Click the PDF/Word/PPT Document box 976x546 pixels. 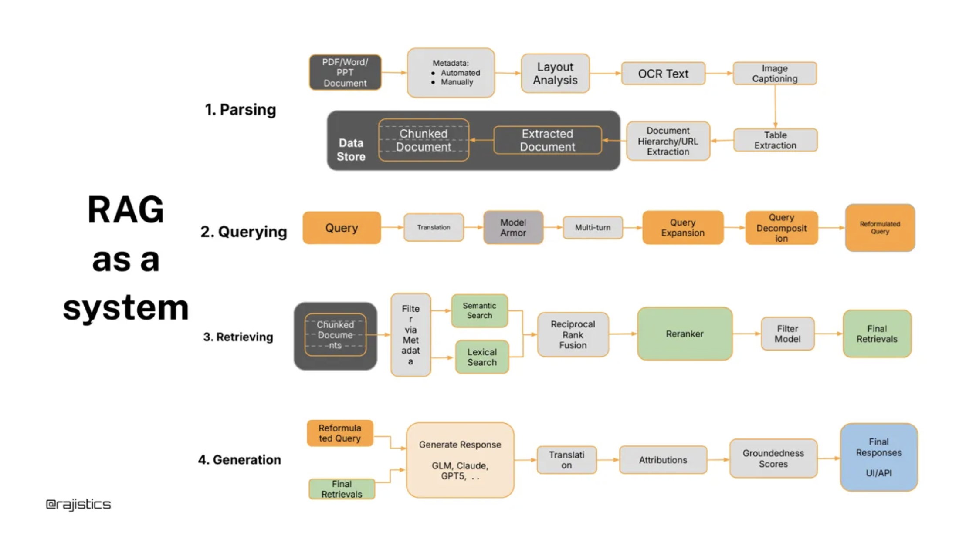click(345, 72)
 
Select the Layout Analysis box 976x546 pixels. click(555, 74)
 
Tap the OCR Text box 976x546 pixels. click(663, 74)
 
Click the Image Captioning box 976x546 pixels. click(775, 74)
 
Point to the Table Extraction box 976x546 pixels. click(775, 140)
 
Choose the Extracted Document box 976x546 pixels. click(547, 140)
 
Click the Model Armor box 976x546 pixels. click(513, 228)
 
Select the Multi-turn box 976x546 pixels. click(593, 228)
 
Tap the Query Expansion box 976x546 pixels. click(682, 228)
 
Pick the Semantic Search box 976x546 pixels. click(479, 311)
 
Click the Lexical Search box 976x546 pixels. click(482, 357)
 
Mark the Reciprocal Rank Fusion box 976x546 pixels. click(573, 334)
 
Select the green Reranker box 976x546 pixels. click(684, 334)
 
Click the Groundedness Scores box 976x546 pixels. click(773, 458)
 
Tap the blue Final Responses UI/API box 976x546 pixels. click(878, 457)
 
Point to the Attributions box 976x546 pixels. click(663, 460)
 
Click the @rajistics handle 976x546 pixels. click(78, 504)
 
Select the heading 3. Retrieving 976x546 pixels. click(238, 337)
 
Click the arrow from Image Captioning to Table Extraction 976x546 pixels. click(775, 107)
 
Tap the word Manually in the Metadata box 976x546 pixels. click(457, 82)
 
